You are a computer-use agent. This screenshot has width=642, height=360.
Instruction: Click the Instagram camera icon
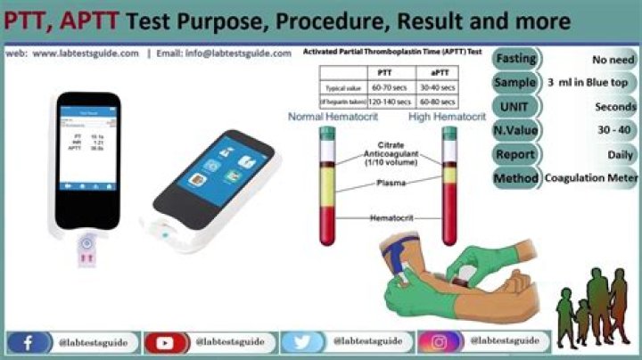(x=437, y=342)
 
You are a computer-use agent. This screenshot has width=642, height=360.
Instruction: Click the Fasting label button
(x=516, y=59)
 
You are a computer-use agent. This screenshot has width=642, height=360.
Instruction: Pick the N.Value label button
(x=516, y=130)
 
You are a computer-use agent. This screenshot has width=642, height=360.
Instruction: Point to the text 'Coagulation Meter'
(x=591, y=177)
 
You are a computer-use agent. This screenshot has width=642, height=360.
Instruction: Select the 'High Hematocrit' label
(x=448, y=117)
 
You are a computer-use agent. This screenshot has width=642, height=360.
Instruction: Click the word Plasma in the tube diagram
(x=390, y=183)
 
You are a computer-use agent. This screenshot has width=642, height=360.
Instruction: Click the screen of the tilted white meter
(x=212, y=173)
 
